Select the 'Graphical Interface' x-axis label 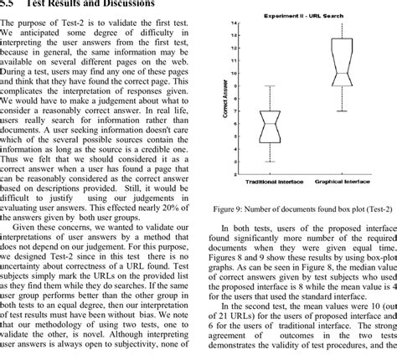coord(343,180)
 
